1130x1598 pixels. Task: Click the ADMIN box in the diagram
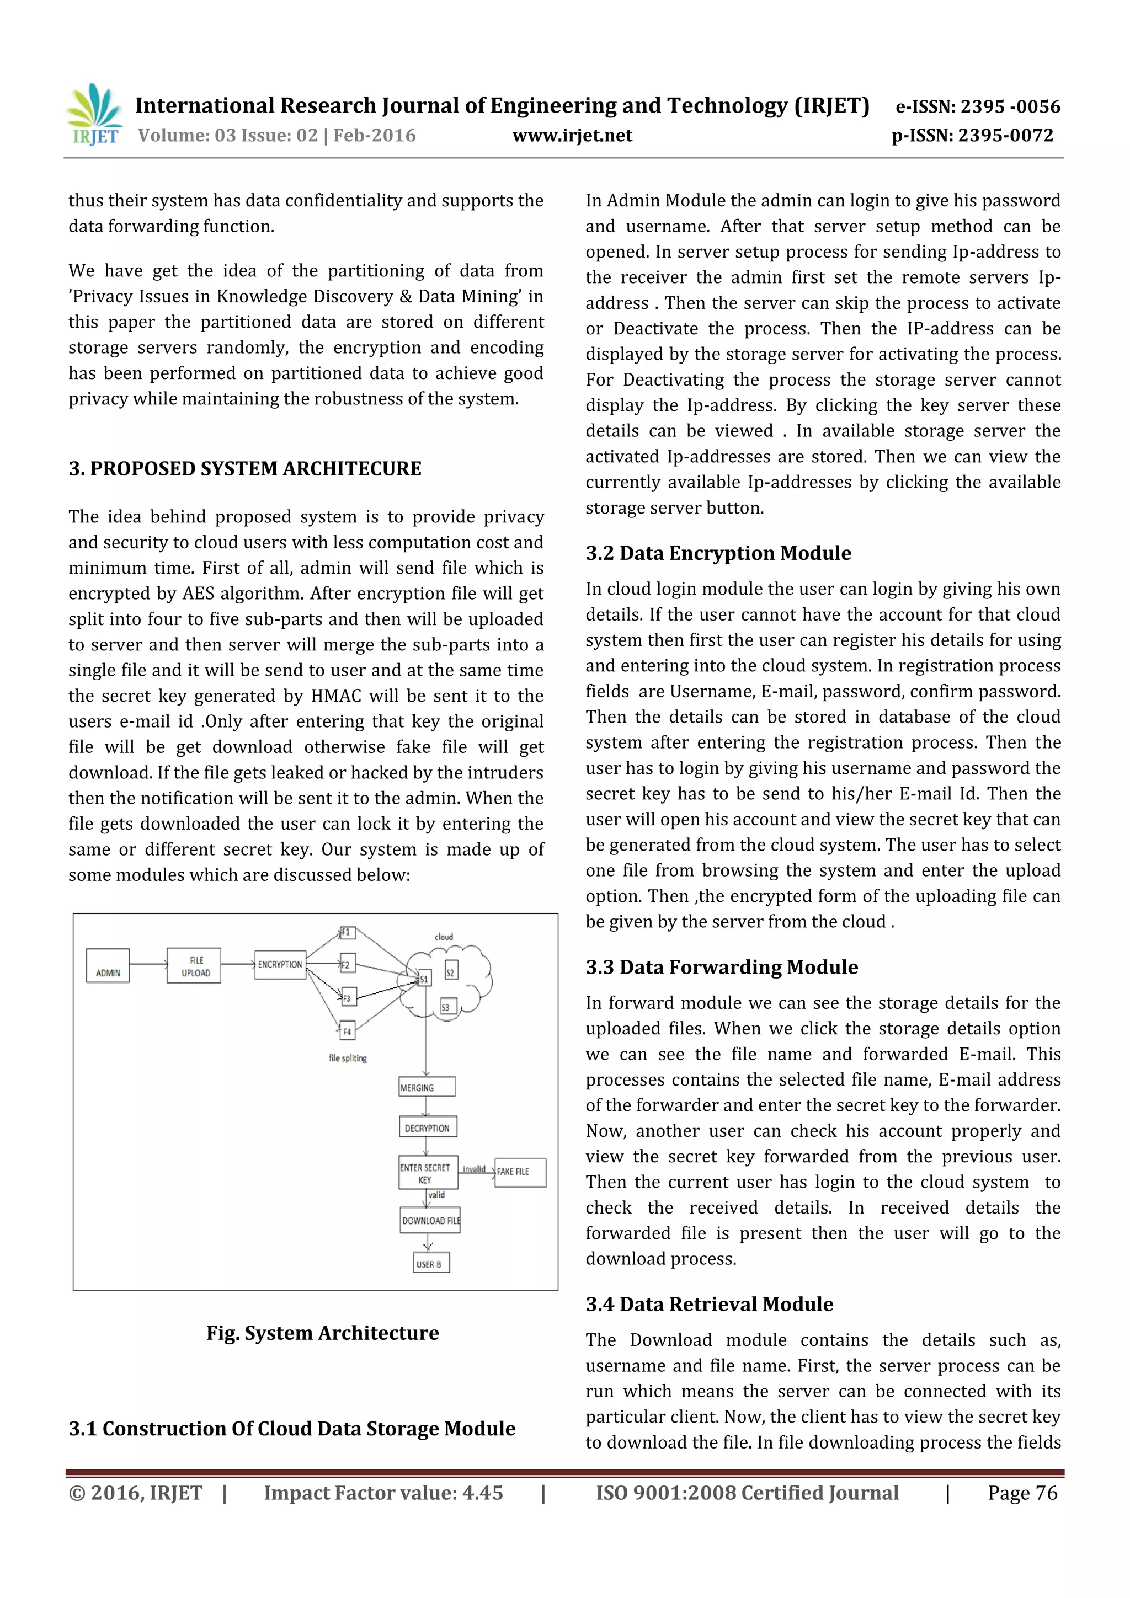108,965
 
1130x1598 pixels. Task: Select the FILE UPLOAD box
194,965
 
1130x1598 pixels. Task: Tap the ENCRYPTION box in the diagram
280,964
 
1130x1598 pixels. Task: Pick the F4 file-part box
347,1031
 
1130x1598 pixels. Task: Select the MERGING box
427,1087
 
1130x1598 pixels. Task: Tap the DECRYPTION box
428,1127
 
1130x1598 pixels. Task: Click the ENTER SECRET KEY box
428,1173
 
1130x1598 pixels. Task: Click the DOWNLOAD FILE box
430,1220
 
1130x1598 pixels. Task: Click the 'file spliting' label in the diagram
348,1058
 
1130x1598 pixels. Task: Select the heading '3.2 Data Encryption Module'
718,553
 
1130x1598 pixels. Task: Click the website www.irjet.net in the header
572,136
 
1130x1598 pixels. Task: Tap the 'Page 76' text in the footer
1022,1492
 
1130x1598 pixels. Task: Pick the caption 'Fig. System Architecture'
322,1333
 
